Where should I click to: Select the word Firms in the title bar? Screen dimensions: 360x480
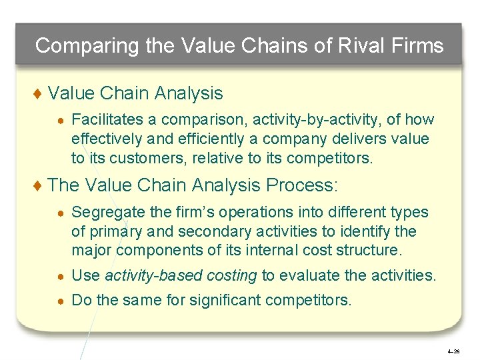point(420,45)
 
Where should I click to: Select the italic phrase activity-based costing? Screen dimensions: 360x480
point(181,276)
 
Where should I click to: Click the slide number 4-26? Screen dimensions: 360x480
point(453,351)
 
